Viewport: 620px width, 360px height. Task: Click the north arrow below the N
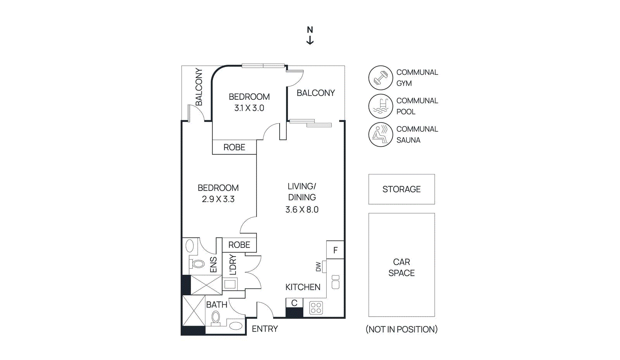click(310, 40)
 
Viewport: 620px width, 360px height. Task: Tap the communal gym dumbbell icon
click(381, 78)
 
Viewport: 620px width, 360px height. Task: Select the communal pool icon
click(381, 106)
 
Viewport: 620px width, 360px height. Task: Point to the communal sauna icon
click(381, 134)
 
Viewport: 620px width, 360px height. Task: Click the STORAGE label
click(401, 189)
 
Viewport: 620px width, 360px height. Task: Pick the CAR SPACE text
click(401, 267)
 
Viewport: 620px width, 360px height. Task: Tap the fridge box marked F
click(335, 250)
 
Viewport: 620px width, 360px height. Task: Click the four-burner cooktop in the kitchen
click(316, 308)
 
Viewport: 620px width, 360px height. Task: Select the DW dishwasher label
click(318, 267)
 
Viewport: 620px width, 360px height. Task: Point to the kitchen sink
click(336, 282)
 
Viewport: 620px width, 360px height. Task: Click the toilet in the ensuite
click(197, 264)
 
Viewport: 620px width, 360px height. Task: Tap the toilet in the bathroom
click(215, 318)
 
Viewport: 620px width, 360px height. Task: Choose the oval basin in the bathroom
click(236, 326)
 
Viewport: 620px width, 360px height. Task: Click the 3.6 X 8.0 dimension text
click(302, 210)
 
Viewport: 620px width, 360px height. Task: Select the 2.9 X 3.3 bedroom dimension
click(218, 199)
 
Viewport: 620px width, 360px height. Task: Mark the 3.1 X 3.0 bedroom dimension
click(249, 108)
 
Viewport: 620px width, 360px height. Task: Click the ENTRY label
click(265, 329)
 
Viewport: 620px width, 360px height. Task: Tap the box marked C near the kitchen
click(294, 303)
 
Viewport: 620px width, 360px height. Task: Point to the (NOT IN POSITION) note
click(401, 329)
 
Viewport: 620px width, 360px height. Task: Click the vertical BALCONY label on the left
click(199, 87)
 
